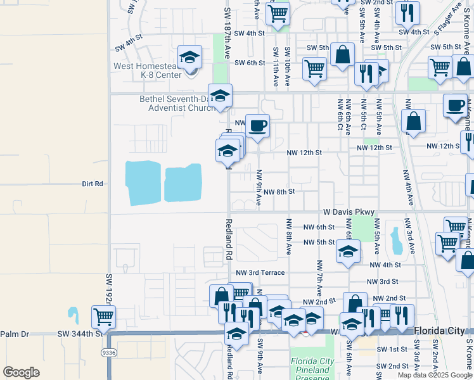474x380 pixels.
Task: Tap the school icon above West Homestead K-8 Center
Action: pos(189,58)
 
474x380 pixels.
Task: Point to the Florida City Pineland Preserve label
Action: pos(312,367)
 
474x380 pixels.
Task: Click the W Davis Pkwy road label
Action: pos(349,212)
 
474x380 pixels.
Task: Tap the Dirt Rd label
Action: pos(93,184)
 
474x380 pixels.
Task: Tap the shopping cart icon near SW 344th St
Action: pos(103,316)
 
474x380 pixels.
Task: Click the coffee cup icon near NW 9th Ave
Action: pos(257,126)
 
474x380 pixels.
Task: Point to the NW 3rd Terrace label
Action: pos(262,272)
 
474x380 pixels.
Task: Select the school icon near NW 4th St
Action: pos(348,251)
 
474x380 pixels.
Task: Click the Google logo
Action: pos(21,372)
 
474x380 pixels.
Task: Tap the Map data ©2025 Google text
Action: pos(435,375)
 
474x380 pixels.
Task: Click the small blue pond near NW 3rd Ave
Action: pos(397,239)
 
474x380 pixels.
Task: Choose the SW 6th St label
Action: pos(249,63)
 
